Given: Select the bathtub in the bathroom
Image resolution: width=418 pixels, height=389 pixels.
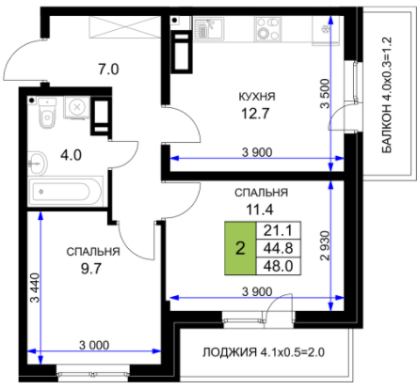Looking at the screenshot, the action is tap(65, 192).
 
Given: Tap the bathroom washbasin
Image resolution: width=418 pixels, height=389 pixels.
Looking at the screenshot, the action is tap(38, 163).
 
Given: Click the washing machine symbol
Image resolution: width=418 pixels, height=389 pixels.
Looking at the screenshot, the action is tap(76, 107).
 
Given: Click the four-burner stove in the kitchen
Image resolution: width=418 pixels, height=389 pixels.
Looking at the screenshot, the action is tap(267, 29).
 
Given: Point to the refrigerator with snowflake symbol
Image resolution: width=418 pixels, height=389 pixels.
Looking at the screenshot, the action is tap(326, 30).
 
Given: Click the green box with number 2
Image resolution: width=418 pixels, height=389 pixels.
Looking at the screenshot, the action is tap(240, 248).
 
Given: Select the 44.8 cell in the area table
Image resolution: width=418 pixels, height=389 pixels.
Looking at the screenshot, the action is tap(279, 248).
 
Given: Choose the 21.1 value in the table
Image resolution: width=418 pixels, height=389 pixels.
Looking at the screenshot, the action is tap(279, 231).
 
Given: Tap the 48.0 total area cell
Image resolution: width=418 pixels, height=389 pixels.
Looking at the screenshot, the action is tap(279, 266).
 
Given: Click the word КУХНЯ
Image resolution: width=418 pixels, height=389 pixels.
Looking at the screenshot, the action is tap(257, 97).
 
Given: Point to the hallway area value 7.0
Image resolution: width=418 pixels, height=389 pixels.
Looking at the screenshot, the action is tap(108, 70).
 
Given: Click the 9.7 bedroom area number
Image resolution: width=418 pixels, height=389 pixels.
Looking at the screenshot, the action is tap(91, 269).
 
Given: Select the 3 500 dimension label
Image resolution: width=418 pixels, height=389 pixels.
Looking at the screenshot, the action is tap(326, 94).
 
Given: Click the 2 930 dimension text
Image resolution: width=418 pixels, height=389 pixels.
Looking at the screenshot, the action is tap(326, 245).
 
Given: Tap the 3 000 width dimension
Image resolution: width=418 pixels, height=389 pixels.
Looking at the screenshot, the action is tap(94, 345).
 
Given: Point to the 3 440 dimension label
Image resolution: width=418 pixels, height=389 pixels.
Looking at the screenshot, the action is tap(35, 288).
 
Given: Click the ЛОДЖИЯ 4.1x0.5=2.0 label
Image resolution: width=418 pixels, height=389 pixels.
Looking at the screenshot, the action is tap(264, 352).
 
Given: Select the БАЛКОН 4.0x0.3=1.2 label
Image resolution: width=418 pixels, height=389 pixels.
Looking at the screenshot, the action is tap(387, 95).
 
